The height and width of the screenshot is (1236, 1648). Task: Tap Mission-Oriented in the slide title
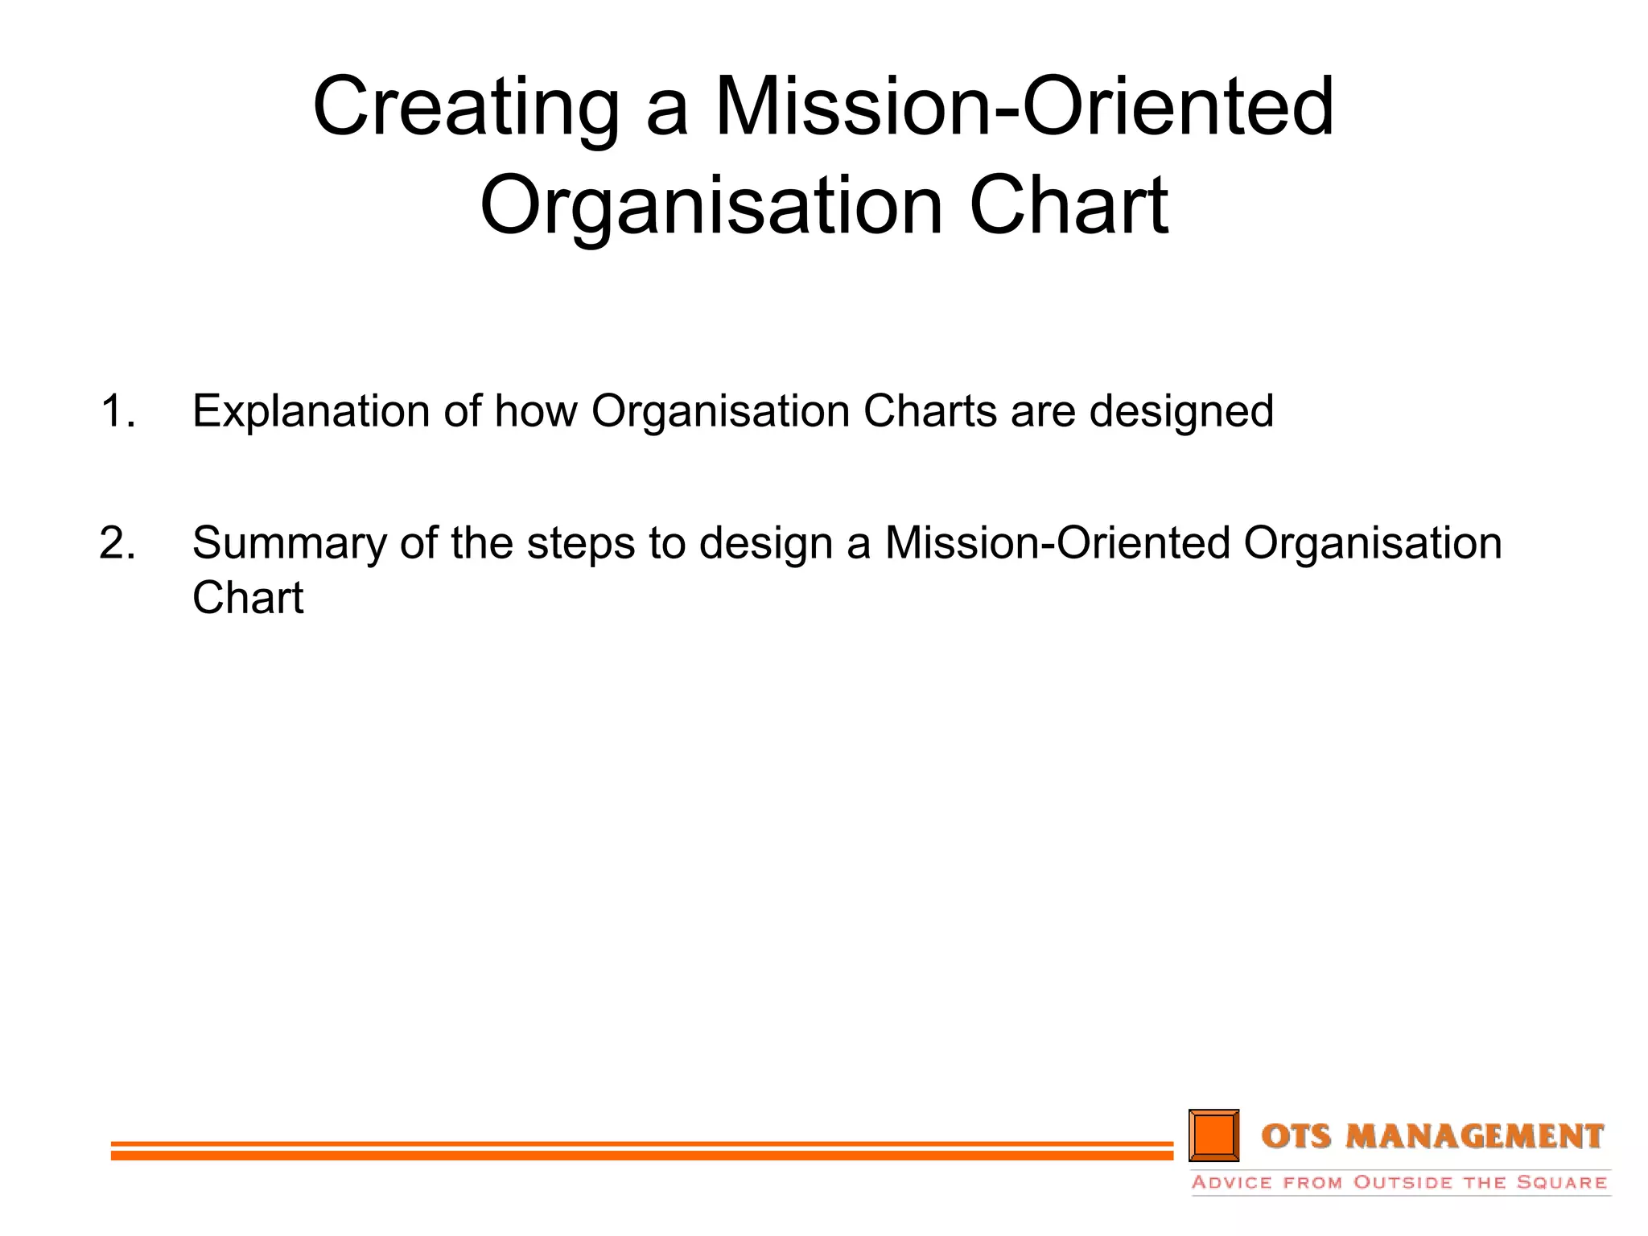(x=1024, y=106)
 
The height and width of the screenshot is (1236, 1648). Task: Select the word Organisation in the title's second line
(x=711, y=208)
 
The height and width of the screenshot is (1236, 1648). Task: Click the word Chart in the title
(x=1069, y=206)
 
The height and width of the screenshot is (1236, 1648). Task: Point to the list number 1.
(x=117, y=412)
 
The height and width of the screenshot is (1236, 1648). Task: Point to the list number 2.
(x=117, y=543)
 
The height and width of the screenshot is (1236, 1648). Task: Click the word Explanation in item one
(x=311, y=412)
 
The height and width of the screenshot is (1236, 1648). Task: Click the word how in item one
(x=536, y=412)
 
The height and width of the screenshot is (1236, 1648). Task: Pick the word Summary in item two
(x=290, y=543)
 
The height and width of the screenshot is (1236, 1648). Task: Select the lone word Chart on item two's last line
(x=248, y=598)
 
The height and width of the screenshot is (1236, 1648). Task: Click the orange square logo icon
(x=1213, y=1135)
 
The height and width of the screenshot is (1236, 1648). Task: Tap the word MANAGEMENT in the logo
(x=1475, y=1136)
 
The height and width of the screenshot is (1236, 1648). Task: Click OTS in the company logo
(x=1298, y=1136)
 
